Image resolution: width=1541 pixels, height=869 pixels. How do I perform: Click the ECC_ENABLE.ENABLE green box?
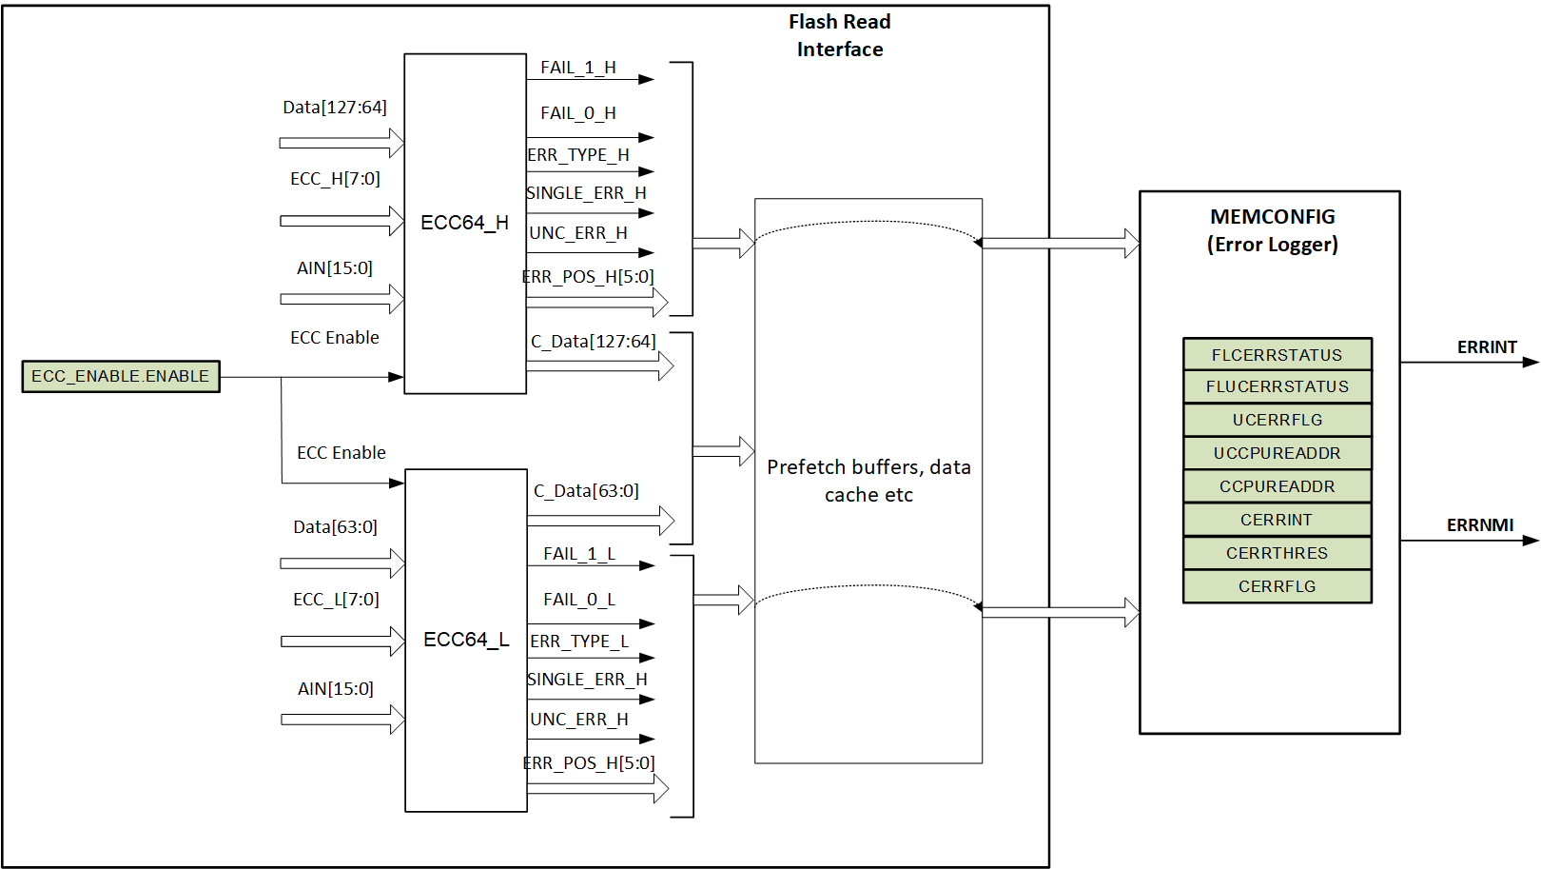point(121,376)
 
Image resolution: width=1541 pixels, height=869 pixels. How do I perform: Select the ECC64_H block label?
point(464,223)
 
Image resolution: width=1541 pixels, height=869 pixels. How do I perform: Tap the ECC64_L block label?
point(466,640)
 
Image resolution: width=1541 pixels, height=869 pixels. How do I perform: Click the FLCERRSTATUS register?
point(1277,355)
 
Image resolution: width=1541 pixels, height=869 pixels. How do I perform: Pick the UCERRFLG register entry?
point(1277,420)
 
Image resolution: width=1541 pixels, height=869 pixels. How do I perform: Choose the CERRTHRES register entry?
point(1277,553)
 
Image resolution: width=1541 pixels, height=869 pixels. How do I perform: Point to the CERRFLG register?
point(1277,586)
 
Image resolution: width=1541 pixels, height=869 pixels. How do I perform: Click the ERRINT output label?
point(1487,347)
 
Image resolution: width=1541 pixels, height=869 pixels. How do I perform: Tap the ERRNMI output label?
point(1480,525)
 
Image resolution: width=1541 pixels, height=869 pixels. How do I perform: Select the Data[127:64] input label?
point(335,108)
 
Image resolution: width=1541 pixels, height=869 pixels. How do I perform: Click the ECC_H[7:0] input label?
point(335,179)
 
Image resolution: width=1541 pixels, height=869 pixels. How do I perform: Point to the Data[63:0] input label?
point(335,527)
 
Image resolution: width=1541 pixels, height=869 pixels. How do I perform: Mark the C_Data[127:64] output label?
point(594,342)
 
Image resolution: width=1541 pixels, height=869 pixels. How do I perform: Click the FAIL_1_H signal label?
point(578,68)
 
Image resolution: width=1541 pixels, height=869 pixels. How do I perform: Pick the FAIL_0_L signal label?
point(579,600)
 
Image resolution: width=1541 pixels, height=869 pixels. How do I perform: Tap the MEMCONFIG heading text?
point(1273,217)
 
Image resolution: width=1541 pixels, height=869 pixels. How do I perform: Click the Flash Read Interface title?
point(840,35)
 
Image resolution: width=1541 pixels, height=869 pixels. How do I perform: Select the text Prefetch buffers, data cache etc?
point(868,481)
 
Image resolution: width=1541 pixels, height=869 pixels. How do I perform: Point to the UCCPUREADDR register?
point(1277,453)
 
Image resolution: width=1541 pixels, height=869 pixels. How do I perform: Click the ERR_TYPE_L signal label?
point(579,642)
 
